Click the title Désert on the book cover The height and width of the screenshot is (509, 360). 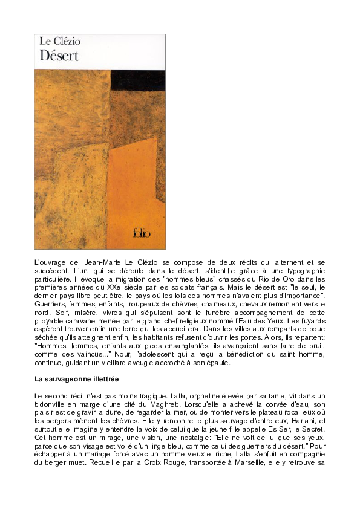pos(59,56)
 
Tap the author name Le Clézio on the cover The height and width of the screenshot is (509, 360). pos(60,42)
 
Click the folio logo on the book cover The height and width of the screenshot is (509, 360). pos(142,233)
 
